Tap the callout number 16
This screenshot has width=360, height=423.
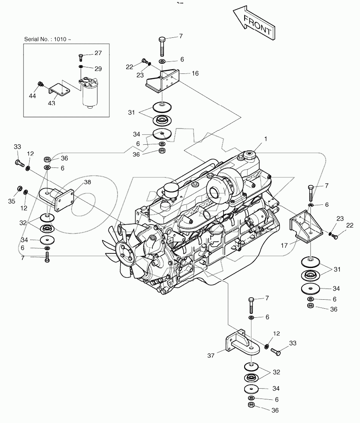click(x=195, y=73)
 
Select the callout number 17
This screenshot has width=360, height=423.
click(x=284, y=246)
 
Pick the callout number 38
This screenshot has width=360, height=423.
click(x=88, y=182)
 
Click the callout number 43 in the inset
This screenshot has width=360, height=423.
click(x=52, y=103)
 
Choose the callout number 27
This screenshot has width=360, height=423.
click(x=98, y=53)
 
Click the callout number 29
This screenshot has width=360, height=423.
click(x=98, y=68)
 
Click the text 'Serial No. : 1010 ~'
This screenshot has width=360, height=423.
click(x=48, y=40)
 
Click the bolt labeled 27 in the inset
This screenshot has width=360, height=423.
click(x=81, y=56)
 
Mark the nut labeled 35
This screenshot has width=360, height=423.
click(x=20, y=189)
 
